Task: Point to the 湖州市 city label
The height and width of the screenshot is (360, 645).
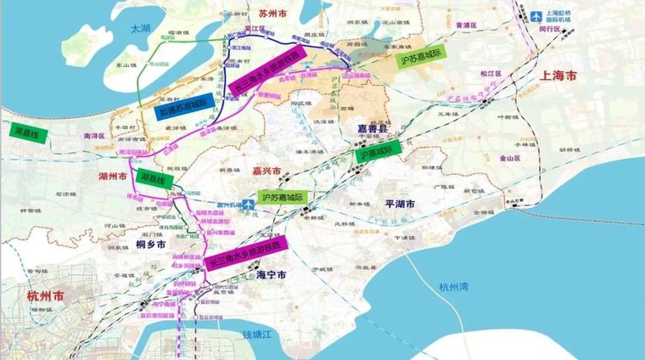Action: (x=111, y=176)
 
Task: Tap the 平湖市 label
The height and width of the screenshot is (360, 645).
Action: (x=399, y=204)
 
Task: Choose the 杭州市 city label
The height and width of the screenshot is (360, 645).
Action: (x=46, y=298)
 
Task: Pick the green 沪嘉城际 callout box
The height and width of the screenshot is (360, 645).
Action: (x=378, y=153)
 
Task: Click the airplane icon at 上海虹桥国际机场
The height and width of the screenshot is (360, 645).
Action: (x=536, y=15)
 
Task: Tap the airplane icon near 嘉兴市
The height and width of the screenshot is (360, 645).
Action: (x=247, y=204)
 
